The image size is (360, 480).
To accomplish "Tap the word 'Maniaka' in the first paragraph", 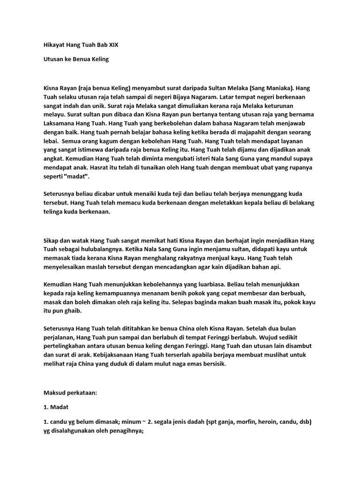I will click(x=278, y=88).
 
